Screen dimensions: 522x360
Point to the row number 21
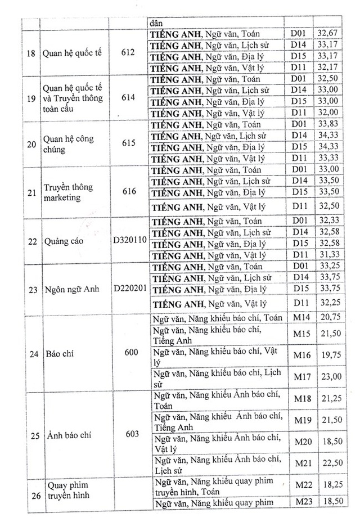click(32, 192)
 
